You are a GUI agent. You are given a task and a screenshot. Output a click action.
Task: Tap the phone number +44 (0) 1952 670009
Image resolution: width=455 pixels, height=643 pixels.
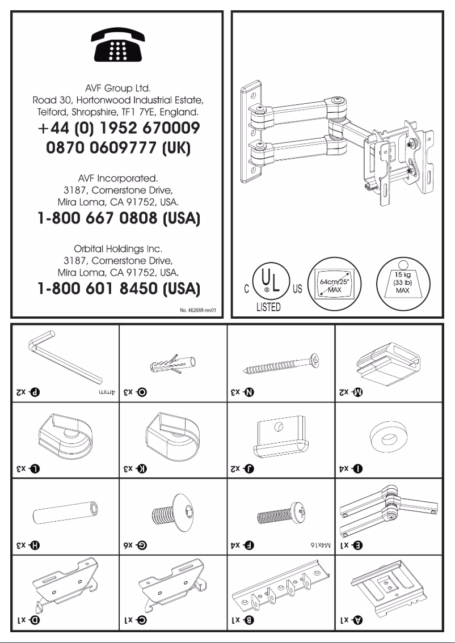[x=117, y=129]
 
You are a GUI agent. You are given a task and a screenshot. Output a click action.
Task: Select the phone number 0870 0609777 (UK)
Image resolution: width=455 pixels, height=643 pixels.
[x=117, y=149]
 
